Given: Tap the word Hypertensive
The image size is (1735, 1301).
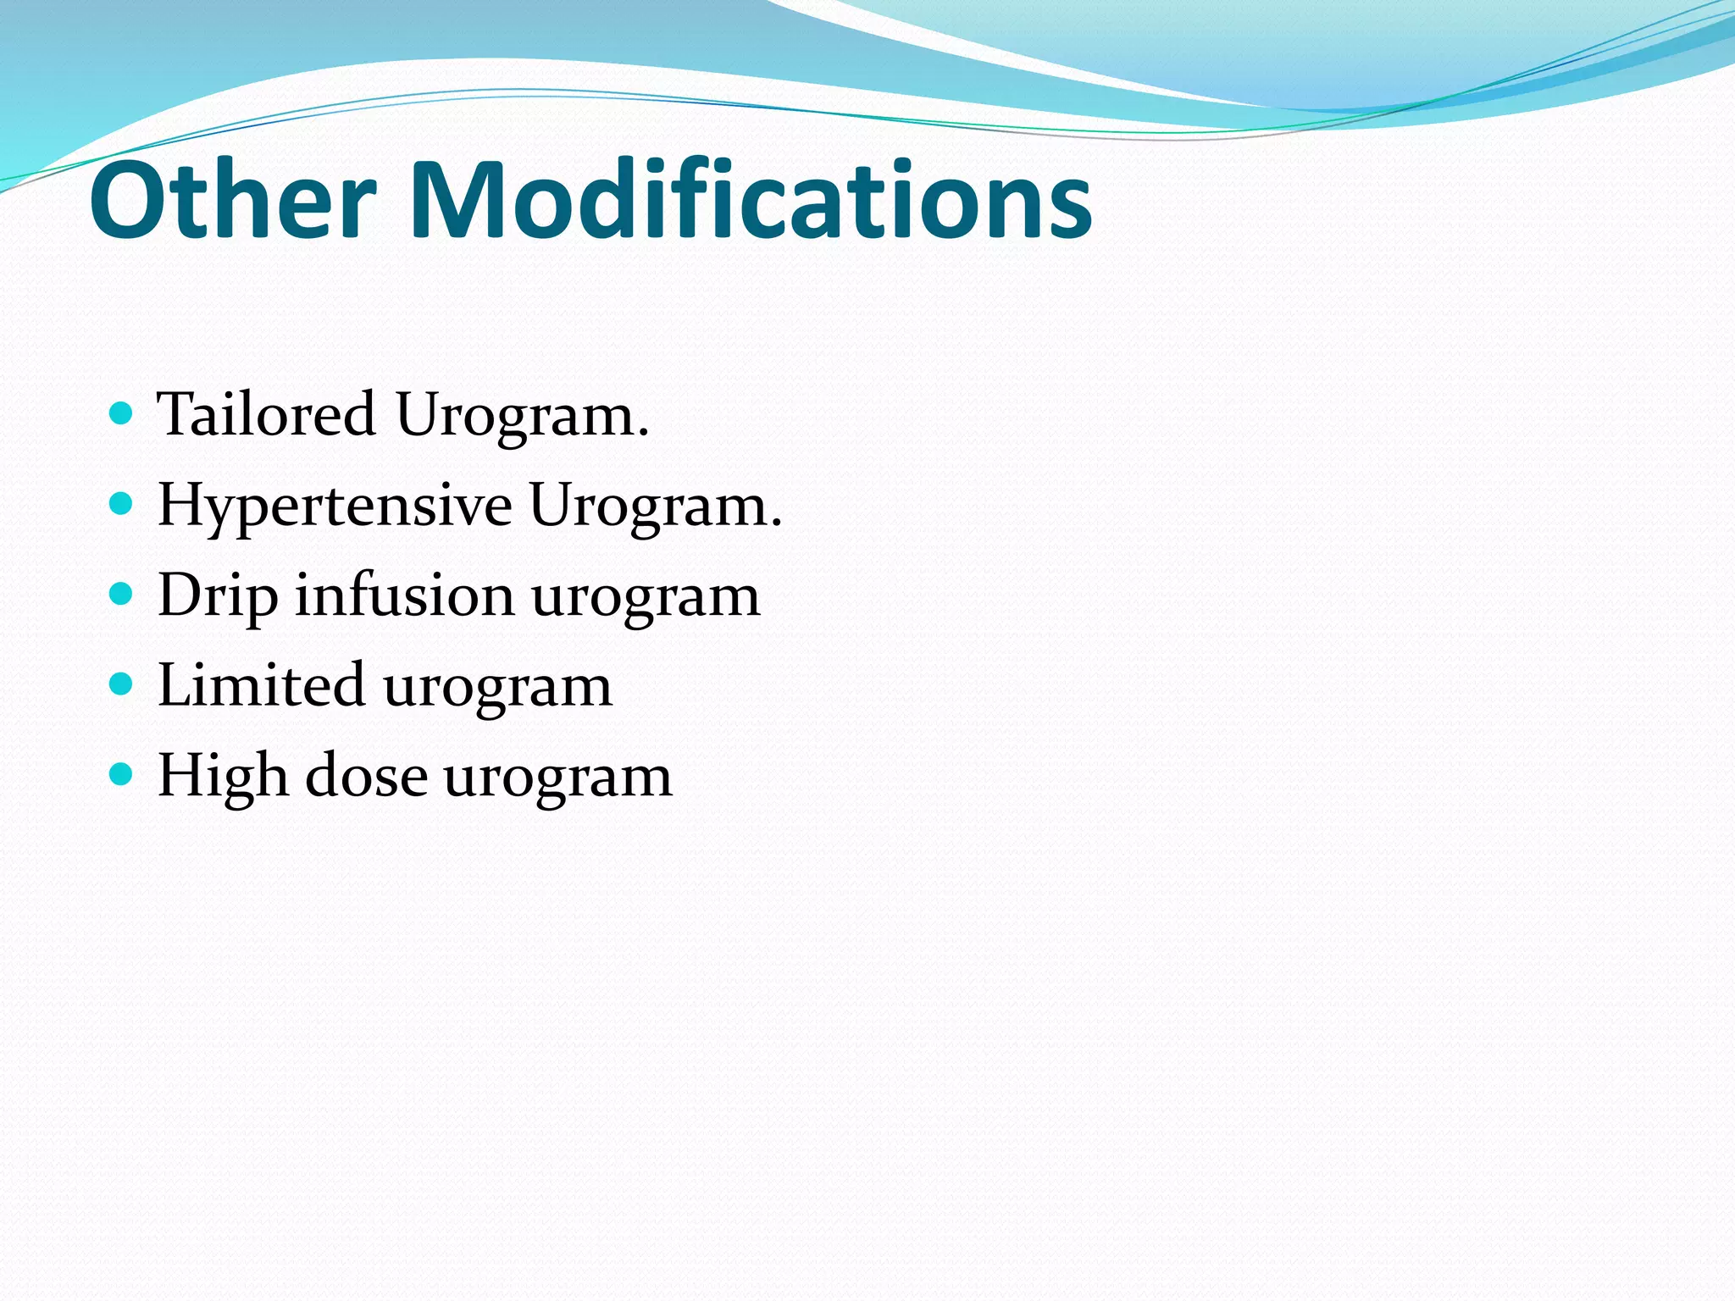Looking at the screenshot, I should (x=335, y=507).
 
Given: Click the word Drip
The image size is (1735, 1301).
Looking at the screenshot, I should (x=218, y=596).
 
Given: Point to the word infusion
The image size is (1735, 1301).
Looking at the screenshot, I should (x=404, y=595).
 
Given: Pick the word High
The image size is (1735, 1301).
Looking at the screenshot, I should (x=223, y=777).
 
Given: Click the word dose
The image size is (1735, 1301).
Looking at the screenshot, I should (x=366, y=775).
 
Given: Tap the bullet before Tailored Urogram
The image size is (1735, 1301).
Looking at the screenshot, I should (x=122, y=414).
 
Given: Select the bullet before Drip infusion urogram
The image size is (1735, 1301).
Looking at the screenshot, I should (x=122, y=595).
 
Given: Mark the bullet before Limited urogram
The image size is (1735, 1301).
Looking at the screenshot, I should (x=122, y=684).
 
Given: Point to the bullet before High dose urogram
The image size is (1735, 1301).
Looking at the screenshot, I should (x=122, y=774).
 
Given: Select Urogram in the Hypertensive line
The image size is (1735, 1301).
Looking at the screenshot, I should (x=648, y=507).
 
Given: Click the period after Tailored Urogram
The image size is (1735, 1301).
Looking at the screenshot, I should (x=644, y=434).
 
